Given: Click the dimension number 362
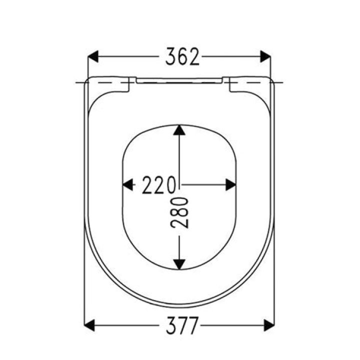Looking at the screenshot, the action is click(x=182, y=56).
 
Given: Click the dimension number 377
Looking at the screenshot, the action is click(x=182, y=325).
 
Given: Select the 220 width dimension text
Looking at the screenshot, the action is click(x=159, y=185).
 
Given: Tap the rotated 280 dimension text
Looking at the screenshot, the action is click(x=179, y=212).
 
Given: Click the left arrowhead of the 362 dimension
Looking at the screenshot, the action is click(x=93, y=56).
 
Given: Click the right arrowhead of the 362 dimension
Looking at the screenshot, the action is click(x=265, y=56).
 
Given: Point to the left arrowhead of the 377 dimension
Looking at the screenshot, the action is click(x=89, y=325).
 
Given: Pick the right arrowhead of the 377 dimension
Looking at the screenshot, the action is click(x=269, y=325).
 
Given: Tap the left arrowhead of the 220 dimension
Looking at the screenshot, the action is click(x=127, y=185).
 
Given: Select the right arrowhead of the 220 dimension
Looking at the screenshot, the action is click(x=230, y=185).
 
